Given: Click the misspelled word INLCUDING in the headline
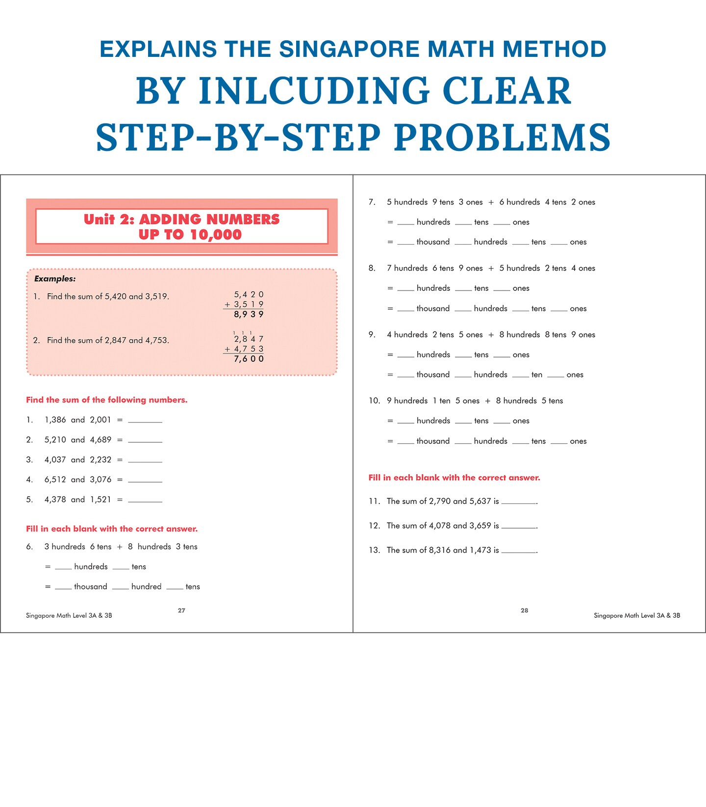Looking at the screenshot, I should (314, 91).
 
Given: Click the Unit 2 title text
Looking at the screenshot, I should (181, 227).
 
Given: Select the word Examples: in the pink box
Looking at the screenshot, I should (55, 279).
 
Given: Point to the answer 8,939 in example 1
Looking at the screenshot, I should (249, 315).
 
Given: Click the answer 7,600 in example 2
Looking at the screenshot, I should (249, 359).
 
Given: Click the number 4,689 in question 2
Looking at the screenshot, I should (101, 440).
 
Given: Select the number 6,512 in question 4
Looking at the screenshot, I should (55, 479).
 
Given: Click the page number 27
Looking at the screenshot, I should (181, 610).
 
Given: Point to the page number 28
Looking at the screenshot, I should (525, 610).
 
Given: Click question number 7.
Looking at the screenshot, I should (372, 202).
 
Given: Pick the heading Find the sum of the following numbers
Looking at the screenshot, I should (107, 400).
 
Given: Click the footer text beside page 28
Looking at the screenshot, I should (637, 616).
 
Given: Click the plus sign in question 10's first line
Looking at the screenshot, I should (488, 401).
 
